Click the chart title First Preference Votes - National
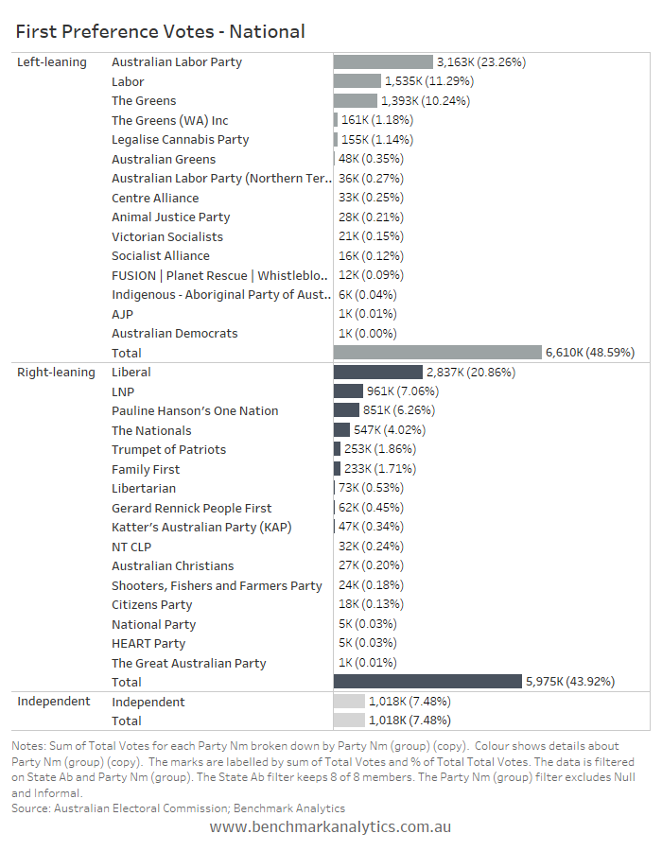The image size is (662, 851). (160, 31)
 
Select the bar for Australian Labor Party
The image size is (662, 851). (383, 61)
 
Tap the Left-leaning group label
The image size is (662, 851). (52, 62)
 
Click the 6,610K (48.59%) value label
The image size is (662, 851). (590, 353)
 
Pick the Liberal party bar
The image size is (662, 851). (377, 372)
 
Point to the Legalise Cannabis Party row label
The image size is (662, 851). (180, 140)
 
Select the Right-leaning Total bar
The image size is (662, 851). (427, 681)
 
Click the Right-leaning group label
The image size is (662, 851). (56, 373)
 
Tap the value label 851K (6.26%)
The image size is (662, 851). (399, 410)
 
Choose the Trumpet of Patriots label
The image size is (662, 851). (168, 449)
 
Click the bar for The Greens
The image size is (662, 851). (356, 100)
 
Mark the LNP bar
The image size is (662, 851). (348, 391)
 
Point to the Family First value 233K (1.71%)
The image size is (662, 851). (380, 468)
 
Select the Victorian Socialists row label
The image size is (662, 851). (167, 236)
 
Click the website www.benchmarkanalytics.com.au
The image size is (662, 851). (330, 826)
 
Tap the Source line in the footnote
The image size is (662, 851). (179, 808)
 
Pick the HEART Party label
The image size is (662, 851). (148, 644)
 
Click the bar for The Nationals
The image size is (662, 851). (341, 430)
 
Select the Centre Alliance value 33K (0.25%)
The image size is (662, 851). (371, 198)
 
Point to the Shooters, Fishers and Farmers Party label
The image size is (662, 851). (217, 585)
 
